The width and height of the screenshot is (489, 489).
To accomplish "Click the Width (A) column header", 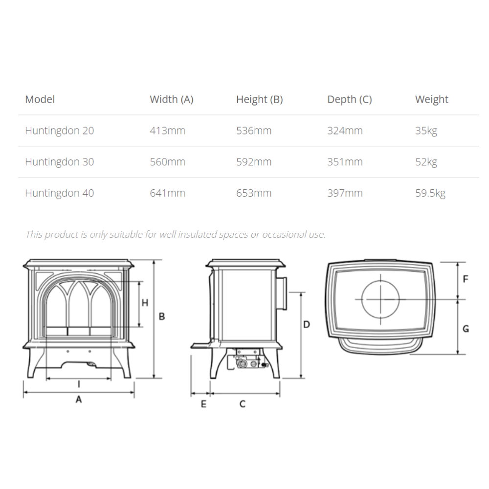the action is (172, 99).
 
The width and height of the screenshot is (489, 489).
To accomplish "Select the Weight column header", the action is (432, 99).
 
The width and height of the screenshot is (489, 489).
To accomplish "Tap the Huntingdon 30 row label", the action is (60, 162).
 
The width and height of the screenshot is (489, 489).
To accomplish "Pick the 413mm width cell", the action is (167, 131).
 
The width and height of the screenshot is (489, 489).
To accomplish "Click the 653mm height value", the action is (254, 193).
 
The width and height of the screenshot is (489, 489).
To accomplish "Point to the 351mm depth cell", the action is (345, 162).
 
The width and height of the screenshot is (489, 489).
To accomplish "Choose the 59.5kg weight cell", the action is (430, 193).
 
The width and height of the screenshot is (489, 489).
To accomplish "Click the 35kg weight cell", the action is (426, 131).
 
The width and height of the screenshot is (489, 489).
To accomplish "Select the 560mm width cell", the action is (167, 162).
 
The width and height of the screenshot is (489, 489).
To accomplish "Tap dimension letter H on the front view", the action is (145, 303).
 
